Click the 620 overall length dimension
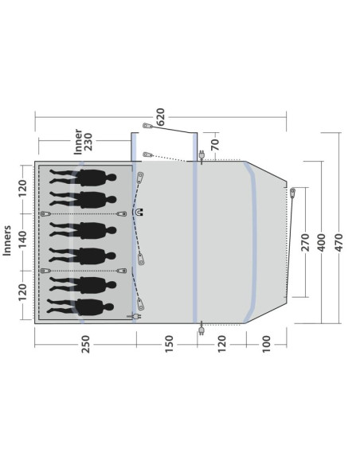(160, 117)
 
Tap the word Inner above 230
(78, 142)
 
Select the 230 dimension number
(88, 142)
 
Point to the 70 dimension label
(216, 144)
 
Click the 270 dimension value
(305, 242)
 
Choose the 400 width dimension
(322, 242)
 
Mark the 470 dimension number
(338, 242)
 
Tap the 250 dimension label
(85, 344)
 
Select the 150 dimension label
(169, 344)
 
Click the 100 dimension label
(267, 344)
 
